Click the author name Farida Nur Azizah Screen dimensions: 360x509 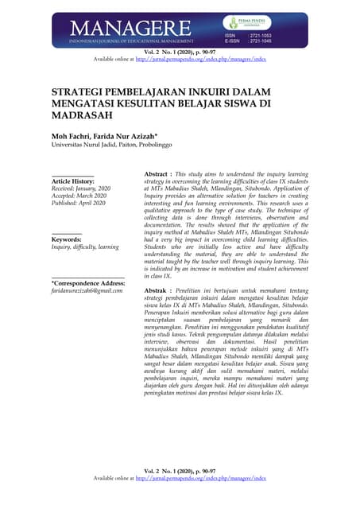point(130,135)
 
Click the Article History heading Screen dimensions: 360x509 point(73,181)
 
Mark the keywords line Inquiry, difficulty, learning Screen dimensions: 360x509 point(85,247)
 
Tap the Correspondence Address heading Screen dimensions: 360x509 point(88,283)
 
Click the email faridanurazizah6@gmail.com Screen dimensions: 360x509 point(91,291)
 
